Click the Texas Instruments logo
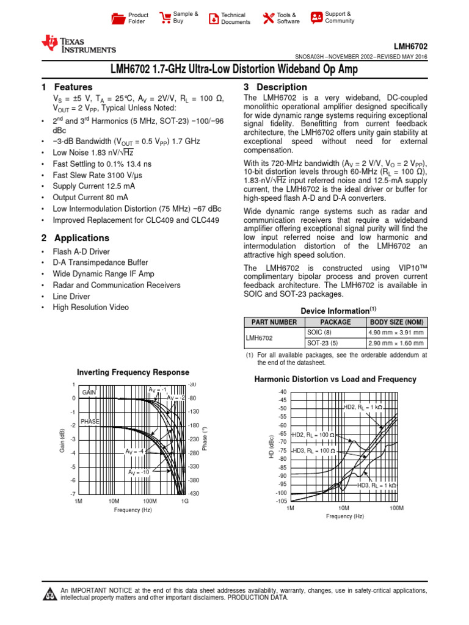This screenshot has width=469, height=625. click(78, 45)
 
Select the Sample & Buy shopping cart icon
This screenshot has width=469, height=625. click(165, 18)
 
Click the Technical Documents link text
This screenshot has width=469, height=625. click(235, 18)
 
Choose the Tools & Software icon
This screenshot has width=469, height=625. click(267, 18)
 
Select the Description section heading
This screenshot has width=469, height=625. click(275, 87)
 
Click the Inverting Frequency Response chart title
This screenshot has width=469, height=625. click(133, 372)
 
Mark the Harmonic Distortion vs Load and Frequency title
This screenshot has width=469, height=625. click(335, 380)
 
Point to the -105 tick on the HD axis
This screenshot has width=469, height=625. click(281, 501)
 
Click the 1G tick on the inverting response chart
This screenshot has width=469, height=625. click(185, 500)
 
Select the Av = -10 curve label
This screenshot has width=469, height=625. click(139, 472)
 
